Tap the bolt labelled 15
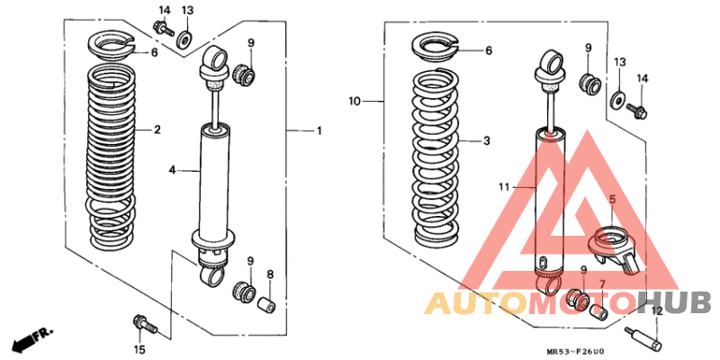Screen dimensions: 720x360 pyautogui.click(x=145, y=324)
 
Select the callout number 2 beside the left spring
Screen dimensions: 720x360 pyautogui.click(x=157, y=130)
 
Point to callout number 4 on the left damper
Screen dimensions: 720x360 pyautogui.click(x=172, y=170)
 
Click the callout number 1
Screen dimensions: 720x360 pyautogui.click(x=319, y=130)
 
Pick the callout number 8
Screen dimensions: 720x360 pyautogui.click(x=270, y=274)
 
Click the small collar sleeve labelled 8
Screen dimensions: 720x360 pyautogui.click(x=266, y=305)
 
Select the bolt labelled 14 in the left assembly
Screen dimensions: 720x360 pyautogui.click(x=164, y=29)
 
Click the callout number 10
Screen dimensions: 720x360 pyautogui.click(x=355, y=101)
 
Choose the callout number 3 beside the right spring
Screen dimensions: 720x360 pyautogui.click(x=486, y=141)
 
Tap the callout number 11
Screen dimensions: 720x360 pyautogui.click(x=505, y=186)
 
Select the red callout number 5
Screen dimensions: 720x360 pyautogui.click(x=612, y=199)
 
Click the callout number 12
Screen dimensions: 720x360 pyautogui.click(x=657, y=310)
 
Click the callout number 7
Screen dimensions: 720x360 pyautogui.click(x=602, y=283)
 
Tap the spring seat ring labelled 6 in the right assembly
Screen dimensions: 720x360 pyautogui.click(x=434, y=47)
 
